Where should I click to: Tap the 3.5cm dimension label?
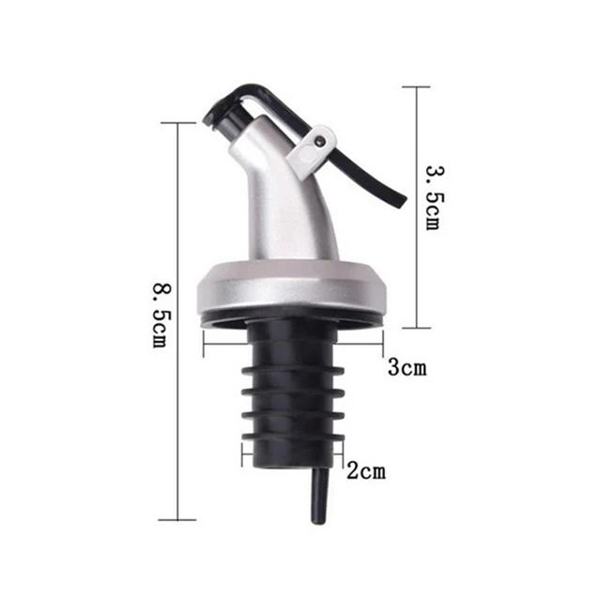pos(431,199)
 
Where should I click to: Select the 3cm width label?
pos(407,367)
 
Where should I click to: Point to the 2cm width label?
pos(364,470)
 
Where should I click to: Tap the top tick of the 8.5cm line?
pos(177,123)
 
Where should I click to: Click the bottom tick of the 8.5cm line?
pos(177,519)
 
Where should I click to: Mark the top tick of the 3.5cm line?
pos(416,87)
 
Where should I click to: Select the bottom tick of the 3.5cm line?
pos(416,328)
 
